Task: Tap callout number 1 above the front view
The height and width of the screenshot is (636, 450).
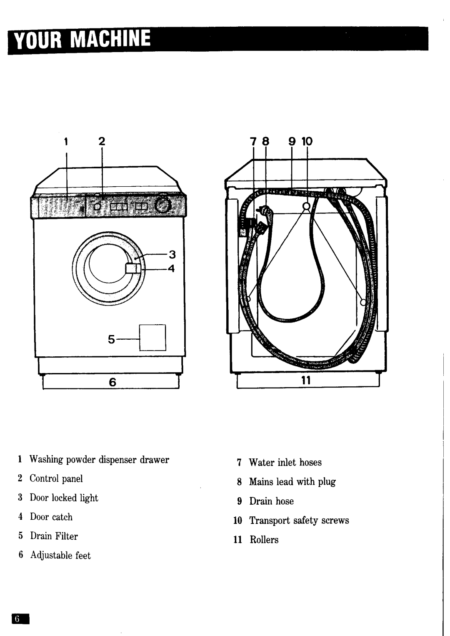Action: pos(66,142)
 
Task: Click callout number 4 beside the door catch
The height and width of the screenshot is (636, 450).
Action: pos(171,269)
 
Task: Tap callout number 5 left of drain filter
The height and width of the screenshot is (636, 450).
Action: pos(111,339)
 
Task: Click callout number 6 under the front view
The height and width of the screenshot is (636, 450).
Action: pos(112,382)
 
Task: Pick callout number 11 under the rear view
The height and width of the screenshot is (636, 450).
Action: pos(306,381)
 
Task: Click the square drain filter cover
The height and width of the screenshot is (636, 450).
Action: pos(152,337)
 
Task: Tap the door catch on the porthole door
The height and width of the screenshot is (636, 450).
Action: pos(132,268)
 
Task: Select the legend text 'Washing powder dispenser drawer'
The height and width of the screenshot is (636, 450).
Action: pos(99,460)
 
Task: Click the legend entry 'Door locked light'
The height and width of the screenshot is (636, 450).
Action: pos(64,498)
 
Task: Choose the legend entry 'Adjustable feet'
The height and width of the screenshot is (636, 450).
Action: pos(60,556)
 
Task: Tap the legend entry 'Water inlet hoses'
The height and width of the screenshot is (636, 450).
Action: pos(285,463)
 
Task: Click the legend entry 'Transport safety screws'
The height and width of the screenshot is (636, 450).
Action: pos(299,521)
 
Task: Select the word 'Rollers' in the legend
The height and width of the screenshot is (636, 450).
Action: pos(264,540)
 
